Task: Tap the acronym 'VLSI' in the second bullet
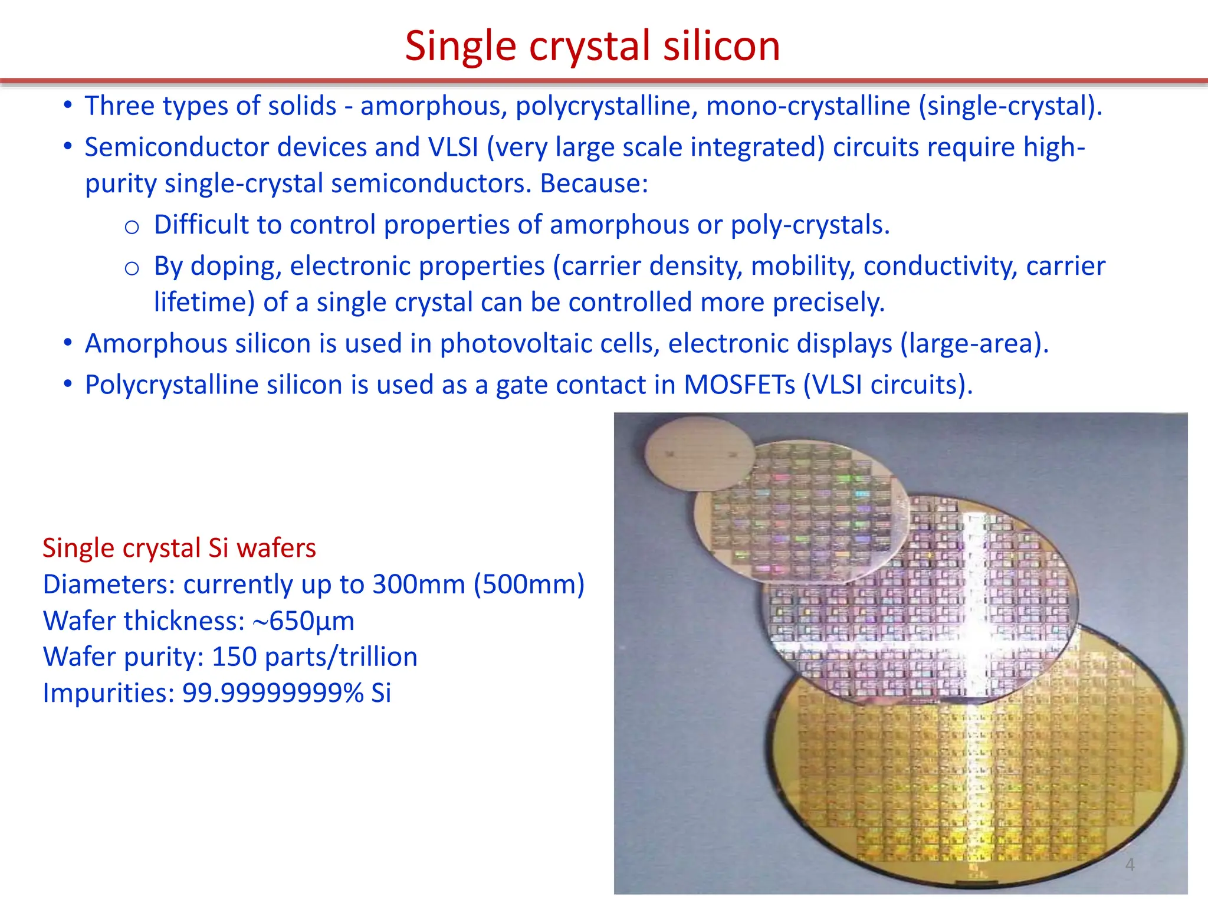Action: click(x=453, y=147)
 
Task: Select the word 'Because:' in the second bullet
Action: click(x=594, y=183)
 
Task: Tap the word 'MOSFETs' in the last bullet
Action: click(x=739, y=385)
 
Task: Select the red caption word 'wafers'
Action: click(x=276, y=548)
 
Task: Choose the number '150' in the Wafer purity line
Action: click(x=234, y=657)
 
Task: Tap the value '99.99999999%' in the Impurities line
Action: click(x=273, y=693)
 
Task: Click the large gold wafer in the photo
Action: click(x=967, y=784)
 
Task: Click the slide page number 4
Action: click(x=1130, y=865)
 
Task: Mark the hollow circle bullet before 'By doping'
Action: click(x=132, y=269)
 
